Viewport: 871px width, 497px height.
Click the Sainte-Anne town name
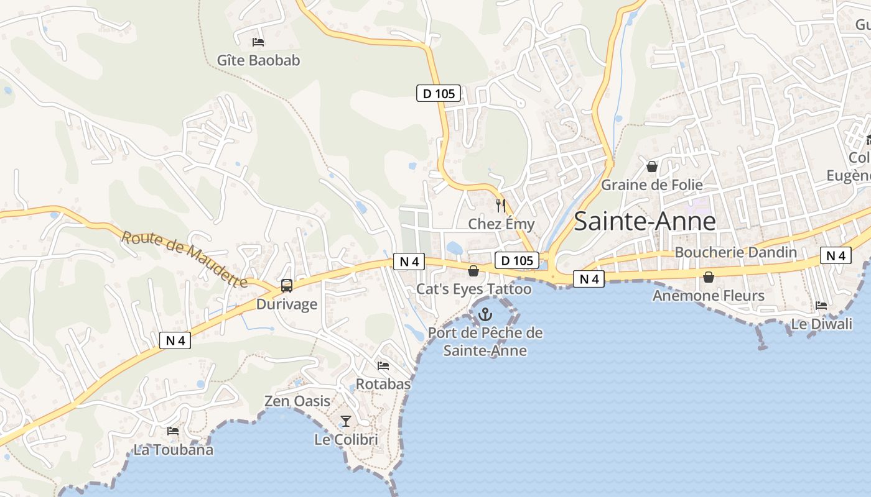tap(645, 221)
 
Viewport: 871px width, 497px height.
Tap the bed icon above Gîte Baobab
tap(258, 42)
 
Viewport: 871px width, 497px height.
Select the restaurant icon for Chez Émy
tap(501, 206)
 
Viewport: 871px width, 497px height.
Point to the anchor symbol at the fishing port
tap(485, 315)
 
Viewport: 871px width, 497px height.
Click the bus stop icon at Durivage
tap(287, 286)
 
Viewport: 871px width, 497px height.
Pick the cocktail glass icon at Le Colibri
tap(346, 421)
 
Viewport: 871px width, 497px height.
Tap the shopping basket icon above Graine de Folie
tap(652, 166)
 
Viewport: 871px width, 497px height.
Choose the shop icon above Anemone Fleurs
tap(708, 277)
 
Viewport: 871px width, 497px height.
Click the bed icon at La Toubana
tap(173, 431)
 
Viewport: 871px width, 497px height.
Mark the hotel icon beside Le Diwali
tap(821, 306)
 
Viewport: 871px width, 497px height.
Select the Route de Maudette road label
tap(184, 258)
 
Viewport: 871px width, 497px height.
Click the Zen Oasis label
tap(297, 401)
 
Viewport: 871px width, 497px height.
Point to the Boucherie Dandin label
tap(735, 252)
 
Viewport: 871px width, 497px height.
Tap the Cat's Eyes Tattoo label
tap(473, 289)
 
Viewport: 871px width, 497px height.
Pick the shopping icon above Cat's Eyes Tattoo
tap(473, 271)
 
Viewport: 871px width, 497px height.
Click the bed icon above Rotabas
tap(383, 366)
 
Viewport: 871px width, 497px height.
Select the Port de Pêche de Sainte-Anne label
tap(485, 342)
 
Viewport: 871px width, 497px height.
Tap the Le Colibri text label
tap(346, 440)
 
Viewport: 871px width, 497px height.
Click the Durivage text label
tap(287, 304)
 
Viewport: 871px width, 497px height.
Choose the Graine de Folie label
tap(652, 185)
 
